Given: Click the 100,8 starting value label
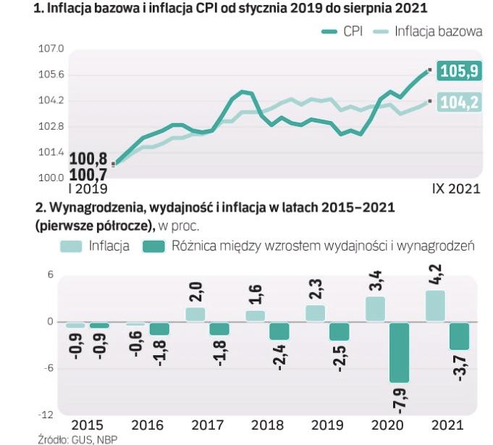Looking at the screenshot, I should [x=88, y=157].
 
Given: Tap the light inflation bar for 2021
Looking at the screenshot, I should [x=435, y=306].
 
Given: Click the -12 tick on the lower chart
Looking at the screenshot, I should [x=47, y=415].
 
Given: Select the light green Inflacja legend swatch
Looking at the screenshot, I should [x=71, y=246].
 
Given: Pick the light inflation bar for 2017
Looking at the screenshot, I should [x=195, y=314].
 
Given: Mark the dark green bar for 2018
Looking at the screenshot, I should [x=279, y=330].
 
